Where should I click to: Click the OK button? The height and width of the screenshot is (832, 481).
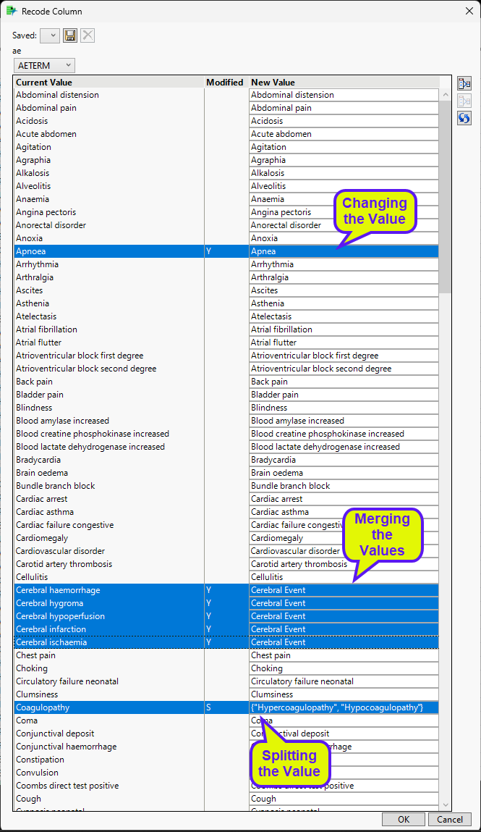pyautogui.click(x=404, y=819)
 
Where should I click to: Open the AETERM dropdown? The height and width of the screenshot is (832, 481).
pyautogui.click(x=44, y=66)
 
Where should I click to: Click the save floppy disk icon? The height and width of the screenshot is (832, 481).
pyautogui.click(x=70, y=35)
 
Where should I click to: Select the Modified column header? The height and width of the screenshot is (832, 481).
pyautogui.click(x=225, y=83)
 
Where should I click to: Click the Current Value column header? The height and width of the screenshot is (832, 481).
pyautogui.click(x=44, y=83)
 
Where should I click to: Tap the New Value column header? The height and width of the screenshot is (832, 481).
pyautogui.click(x=273, y=83)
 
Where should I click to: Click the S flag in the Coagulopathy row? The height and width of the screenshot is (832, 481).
pyautogui.click(x=209, y=707)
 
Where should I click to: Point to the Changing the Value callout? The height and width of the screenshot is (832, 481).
pyautogui.click(x=374, y=211)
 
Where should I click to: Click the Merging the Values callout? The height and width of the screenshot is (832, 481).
pyautogui.click(x=382, y=534)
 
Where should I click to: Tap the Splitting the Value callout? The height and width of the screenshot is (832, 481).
pyautogui.click(x=289, y=763)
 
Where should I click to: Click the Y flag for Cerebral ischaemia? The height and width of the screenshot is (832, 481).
pyautogui.click(x=209, y=642)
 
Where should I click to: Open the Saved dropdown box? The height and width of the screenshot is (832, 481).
pyautogui.click(x=50, y=35)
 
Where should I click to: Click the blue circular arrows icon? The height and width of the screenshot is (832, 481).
pyautogui.click(x=464, y=118)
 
